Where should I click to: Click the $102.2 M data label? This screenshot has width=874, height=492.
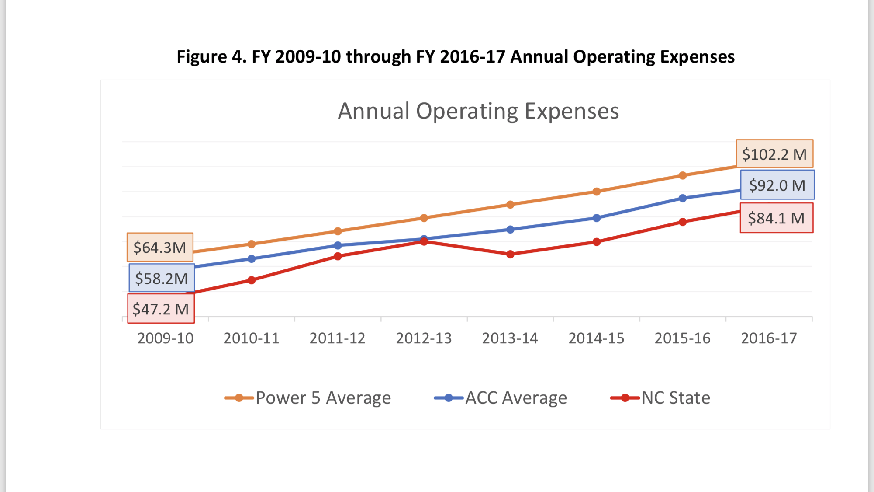774,154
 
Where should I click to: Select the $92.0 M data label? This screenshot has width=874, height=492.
777,185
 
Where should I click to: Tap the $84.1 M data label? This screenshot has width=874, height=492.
776,218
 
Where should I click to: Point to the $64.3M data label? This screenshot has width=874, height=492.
160,247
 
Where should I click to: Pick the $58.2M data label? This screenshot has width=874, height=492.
162,278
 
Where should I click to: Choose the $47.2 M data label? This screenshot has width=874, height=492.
161,309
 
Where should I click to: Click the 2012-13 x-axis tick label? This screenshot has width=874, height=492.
424,338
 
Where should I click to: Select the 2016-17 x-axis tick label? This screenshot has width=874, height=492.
769,338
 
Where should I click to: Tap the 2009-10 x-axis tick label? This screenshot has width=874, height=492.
165,338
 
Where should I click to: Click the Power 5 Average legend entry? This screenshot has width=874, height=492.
308,398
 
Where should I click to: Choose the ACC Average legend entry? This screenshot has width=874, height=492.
501,398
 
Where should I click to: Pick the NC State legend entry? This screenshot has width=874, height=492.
660,398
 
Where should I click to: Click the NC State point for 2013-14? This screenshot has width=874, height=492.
510,254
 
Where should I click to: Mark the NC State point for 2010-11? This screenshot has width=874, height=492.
252,280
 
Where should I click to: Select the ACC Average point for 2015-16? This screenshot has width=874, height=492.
683,198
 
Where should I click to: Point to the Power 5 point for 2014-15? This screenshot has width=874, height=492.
597,192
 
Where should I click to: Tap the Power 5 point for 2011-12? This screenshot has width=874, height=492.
338,231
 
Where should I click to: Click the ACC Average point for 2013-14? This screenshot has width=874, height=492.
510,229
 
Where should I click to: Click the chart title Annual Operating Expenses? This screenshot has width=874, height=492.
478,111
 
